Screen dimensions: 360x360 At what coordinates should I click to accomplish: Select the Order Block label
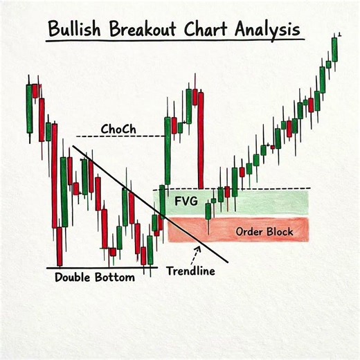tap(264, 231)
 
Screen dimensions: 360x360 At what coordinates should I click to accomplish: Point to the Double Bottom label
tap(94, 277)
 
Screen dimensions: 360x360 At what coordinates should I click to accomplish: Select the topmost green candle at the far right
tap(334, 48)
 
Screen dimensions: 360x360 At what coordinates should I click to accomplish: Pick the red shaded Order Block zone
tap(208, 231)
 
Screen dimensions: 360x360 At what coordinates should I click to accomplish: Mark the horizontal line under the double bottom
tap(101, 267)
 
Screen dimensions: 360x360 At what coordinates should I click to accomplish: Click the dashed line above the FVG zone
tap(277, 189)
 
